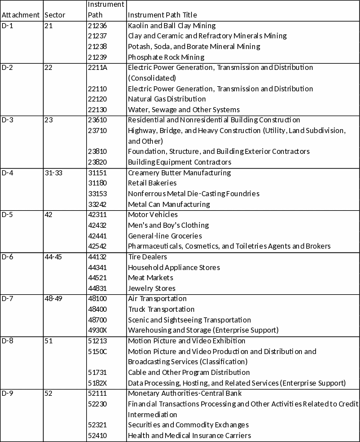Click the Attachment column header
pos(21,15)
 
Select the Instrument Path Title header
pos(163,15)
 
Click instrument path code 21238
pos(98,46)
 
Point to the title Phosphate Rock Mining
pos(166,57)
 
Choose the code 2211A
pos(98,68)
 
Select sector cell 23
pos(47,120)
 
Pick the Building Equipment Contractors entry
pos(172,162)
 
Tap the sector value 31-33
pos(52,173)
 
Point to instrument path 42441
pos(98,236)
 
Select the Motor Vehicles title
pos(153,214)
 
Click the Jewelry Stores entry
pos(151,288)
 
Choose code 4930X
pos(98,330)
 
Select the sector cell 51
pos(47,341)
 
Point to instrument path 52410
pos(98,435)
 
